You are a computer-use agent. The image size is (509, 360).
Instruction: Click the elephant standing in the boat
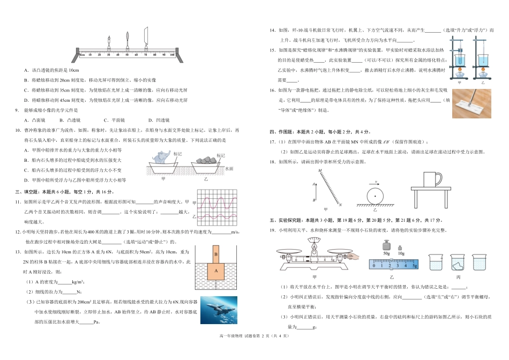click(161, 157)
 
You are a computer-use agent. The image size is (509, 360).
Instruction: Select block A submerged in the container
click(215, 271)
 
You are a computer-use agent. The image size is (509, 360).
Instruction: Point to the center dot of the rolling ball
click(375, 196)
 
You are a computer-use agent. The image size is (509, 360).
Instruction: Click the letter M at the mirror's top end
click(320, 171)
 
